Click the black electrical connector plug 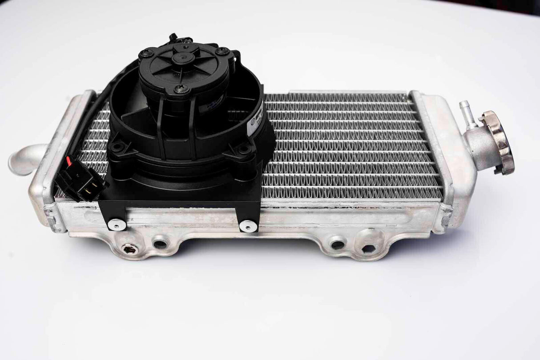(80, 180)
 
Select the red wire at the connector (68, 160)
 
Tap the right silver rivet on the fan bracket (248, 226)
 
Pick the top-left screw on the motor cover (146, 53)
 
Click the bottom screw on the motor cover (181, 89)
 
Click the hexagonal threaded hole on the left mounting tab (129, 249)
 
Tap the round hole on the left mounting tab (160, 244)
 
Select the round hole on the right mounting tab (338, 244)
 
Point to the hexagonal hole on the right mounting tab (368, 248)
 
